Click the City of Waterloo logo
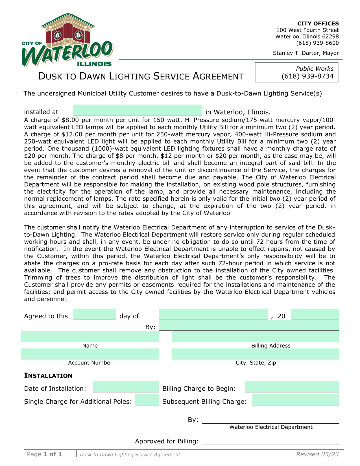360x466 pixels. coord(67,40)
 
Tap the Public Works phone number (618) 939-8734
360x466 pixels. coord(307,76)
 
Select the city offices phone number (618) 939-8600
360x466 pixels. coord(317,43)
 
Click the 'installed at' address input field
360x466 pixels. coord(138,110)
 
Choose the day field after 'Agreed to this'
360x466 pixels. coord(95,314)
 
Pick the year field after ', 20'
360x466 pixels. coord(315,314)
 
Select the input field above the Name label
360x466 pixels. coord(90,337)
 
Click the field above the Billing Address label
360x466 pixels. coord(255,337)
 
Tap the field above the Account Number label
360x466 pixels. coord(90,354)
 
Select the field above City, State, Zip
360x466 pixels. coord(255,354)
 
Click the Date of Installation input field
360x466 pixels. coord(126,387)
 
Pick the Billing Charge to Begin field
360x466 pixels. coord(292,387)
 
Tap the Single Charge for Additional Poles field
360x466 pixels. coord(147,400)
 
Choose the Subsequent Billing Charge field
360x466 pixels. coord(295,400)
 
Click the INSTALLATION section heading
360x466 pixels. coord(48,376)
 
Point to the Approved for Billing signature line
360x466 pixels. coord(270,442)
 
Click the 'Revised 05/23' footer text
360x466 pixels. coord(317,454)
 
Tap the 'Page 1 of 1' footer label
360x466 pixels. coord(44,454)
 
